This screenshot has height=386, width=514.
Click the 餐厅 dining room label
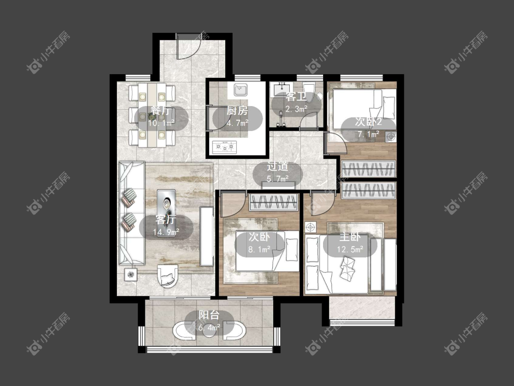point(161,110)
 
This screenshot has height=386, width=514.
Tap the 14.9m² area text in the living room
point(166,232)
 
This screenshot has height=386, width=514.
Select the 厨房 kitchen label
point(237,111)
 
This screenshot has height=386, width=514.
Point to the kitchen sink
point(241,89)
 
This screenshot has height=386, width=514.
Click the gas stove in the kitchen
point(224,147)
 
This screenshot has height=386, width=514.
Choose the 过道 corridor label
point(277,166)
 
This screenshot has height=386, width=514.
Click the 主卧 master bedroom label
point(350,237)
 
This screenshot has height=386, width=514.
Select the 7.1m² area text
point(368,134)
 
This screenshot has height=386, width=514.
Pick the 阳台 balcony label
point(209,315)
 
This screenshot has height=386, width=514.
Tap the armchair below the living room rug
point(168,275)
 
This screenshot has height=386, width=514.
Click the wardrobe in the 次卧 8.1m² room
point(274,202)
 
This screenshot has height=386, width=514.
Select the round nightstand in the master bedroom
point(310,227)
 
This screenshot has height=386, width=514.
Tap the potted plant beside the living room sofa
point(131,274)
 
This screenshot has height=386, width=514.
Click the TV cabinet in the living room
point(207,236)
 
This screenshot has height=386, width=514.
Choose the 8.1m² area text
point(260,249)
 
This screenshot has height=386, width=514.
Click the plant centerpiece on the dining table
point(152,116)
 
